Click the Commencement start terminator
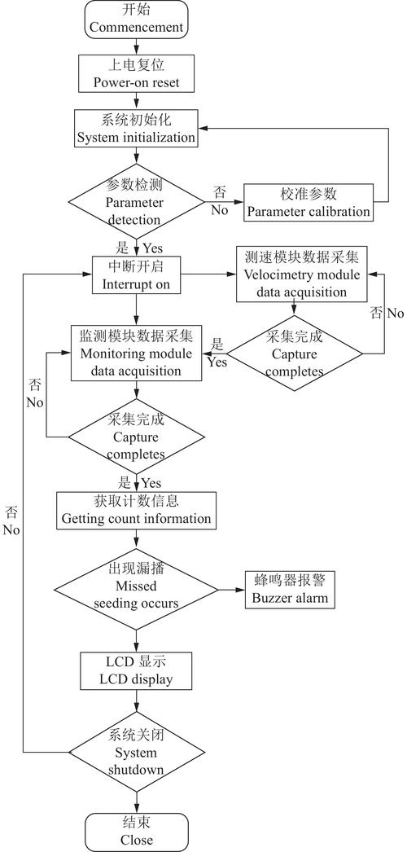point(136,20)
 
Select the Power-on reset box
point(136,73)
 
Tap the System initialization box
point(136,129)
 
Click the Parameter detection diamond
point(136,201)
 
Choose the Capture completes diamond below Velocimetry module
point(294,353)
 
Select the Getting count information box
point(136,509)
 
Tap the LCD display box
point(136,670)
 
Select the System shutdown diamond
point(136,750)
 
